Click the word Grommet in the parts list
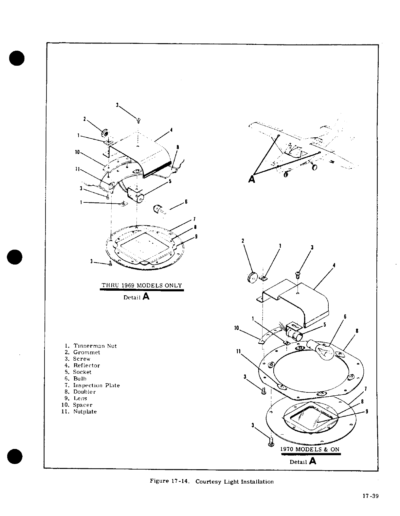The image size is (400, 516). (86, 352)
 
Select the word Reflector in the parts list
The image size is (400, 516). (86, 365)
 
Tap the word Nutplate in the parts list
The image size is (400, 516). (85, 411)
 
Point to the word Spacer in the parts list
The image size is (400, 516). (82, 405)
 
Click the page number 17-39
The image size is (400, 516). (370, 496)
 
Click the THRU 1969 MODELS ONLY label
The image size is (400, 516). (141, 285)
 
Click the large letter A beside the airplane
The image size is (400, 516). (251, 179)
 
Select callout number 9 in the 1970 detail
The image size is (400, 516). (367, 411)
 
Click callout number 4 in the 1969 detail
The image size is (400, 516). (172, 130)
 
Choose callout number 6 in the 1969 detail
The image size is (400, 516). (186, 201)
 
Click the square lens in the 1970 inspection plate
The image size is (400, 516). (309, 414)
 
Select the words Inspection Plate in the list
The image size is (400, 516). (96, 385)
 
